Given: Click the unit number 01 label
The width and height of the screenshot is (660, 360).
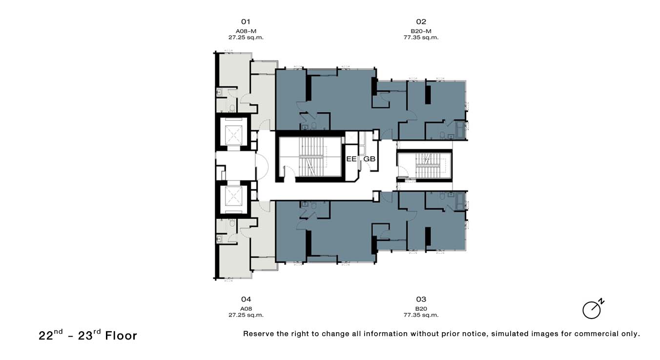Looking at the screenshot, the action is click(x=246, y=22).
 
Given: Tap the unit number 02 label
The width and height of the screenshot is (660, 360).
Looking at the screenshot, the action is click(x=421, y=22).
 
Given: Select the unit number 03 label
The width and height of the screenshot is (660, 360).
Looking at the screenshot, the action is click(x=421, y=300).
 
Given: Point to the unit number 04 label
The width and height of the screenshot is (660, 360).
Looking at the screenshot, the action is click(x=246, y=300).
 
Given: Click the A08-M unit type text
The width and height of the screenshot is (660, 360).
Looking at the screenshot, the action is click(x=246, y=31).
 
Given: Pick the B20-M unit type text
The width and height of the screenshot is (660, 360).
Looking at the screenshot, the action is click(x=421, y=31).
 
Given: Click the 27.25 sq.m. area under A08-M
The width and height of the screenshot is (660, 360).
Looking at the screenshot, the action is click(x=246, y=38).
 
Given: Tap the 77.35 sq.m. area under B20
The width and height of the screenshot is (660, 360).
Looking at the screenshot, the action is click(x=421, y=315).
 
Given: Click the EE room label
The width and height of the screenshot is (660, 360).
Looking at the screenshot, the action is click(x=351, y=159).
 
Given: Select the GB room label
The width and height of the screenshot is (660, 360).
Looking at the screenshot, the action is click(x=370, y=159).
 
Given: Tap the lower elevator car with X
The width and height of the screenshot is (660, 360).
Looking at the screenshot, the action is click(x=234, y=196).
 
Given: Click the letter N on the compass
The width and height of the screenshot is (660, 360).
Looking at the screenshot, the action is click(x=601, y=301).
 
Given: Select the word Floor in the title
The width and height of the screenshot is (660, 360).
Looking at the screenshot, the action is click(x=121, y=336).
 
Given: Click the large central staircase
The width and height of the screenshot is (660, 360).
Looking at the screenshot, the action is click(x=311, y=157).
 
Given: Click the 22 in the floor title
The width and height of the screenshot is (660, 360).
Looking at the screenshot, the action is click(x=46, y=336).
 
